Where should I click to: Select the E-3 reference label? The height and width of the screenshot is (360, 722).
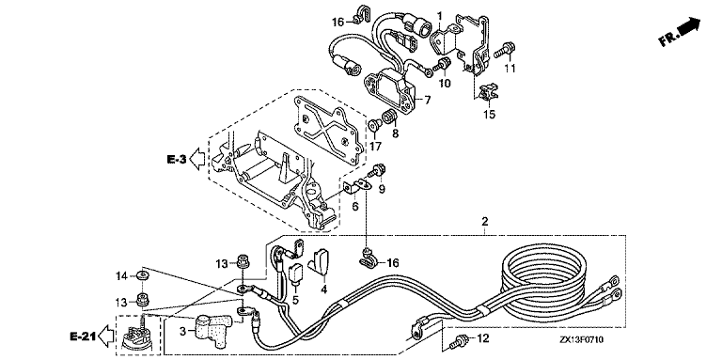pyautogui.click(x=177, y=160)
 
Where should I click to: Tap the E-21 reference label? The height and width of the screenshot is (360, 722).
pyautogui.click(x=82, y=337)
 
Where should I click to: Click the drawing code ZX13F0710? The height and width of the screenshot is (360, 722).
pyautogui.click(x=582, y=340)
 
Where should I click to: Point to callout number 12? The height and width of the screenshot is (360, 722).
pyautogui.click(x=481, y=339)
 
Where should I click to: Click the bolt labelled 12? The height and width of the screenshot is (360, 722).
pyautogui.click(x=459, y=341)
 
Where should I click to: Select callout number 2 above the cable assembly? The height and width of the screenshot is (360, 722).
pyautogui.click(x=485, y=222)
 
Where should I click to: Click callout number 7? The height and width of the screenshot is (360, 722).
pyautogui.click(x=427, y=100)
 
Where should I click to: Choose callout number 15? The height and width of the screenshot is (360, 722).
pyautogui.click(x=490, y=114)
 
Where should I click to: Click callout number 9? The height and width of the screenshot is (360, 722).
pyautogui.click(x=382, y=188)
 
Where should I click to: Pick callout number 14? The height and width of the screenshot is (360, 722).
pyautogui.click(x=121, y=276)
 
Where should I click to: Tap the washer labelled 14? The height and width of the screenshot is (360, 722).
pyautogui.click(x=142, y=276)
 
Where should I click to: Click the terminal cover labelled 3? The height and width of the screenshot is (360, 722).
pyautogui.click(x=211, y=328)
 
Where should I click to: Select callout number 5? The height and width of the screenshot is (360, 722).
pyautogui.click(x=295, y=300)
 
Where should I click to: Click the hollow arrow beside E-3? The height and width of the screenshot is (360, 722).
pyautogui.click(x=197, y=160)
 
